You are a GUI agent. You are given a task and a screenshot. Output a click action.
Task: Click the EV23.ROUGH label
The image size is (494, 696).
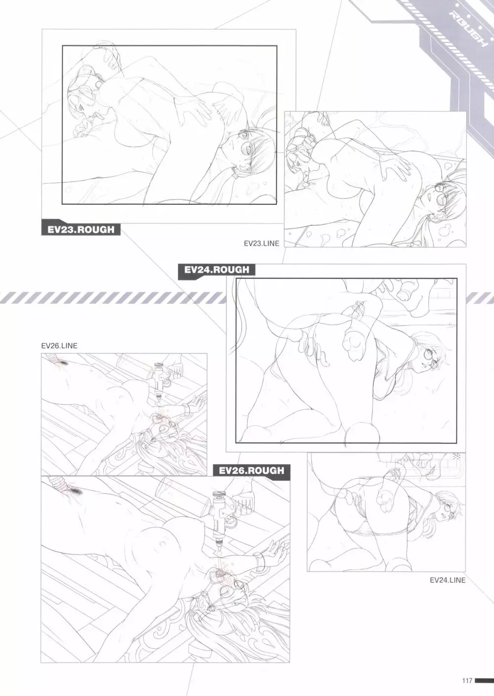coord(81,230)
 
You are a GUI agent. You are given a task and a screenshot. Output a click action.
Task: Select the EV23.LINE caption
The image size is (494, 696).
coord(261,244)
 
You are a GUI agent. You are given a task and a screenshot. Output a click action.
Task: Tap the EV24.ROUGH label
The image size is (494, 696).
coord(216,270)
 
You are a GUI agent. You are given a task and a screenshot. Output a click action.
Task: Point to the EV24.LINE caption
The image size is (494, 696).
coord(448,580)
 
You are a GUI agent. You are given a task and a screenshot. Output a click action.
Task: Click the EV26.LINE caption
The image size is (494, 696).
coord(59,346)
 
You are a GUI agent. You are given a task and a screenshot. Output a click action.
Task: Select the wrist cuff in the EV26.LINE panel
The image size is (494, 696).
coord(187,408)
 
